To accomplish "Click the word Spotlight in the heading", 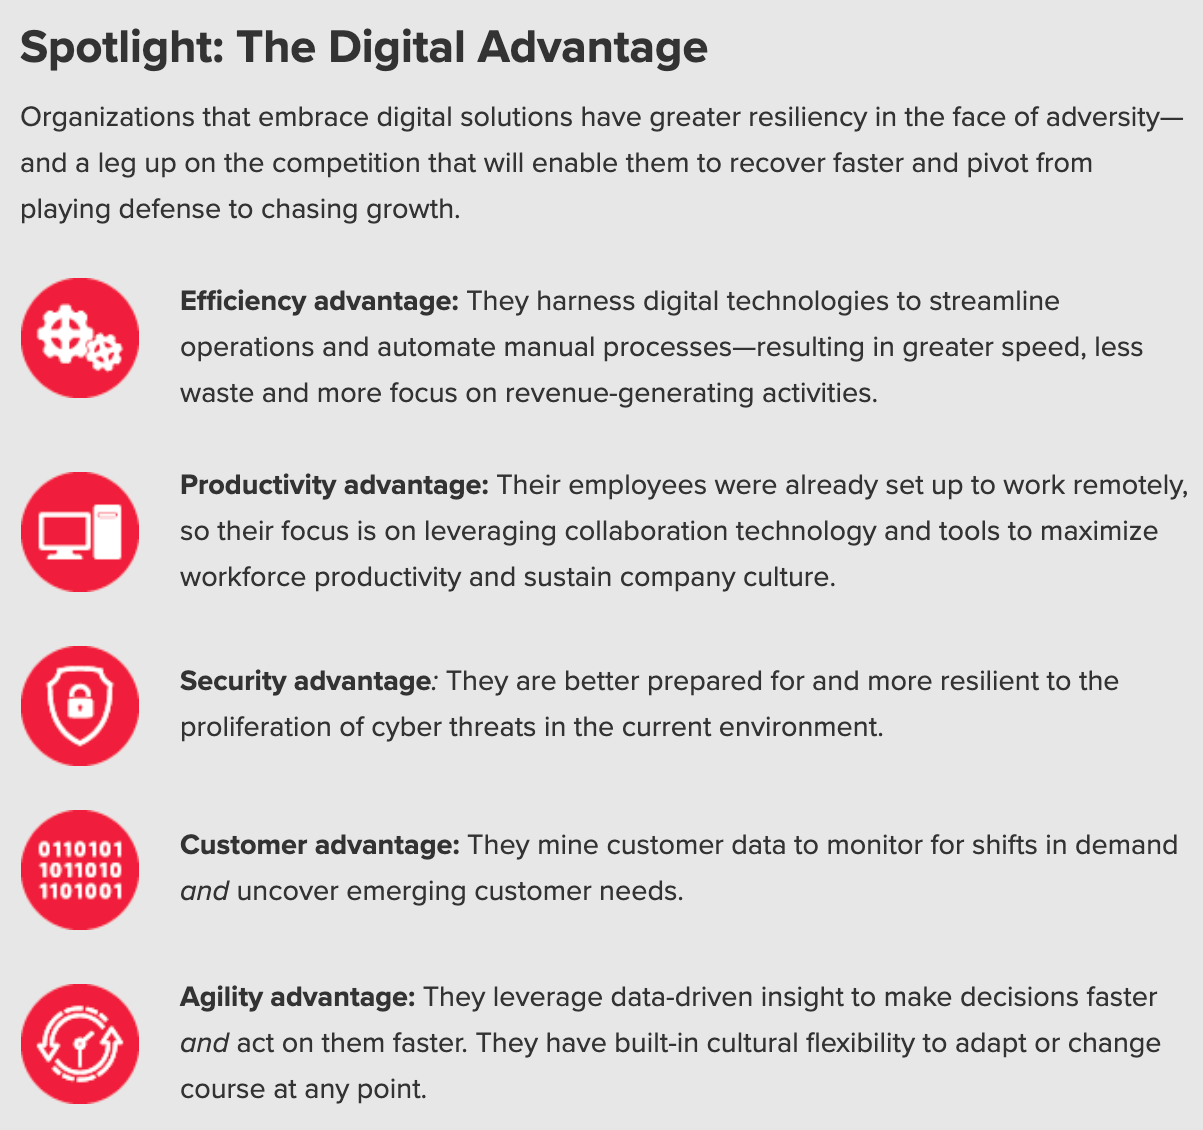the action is (122, 48).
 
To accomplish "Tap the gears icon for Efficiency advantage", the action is (80, 337).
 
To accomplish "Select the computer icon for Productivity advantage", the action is (80, 532).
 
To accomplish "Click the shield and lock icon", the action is (80, 706).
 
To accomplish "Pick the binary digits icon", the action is (80, 870).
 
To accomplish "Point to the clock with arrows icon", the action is (80, 1044).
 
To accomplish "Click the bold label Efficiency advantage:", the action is (319, 302).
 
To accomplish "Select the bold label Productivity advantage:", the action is (334, 485).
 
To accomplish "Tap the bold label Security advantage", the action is (305, 681).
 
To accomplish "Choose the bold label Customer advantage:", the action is (320, 845).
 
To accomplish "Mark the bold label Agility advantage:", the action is (297, 998).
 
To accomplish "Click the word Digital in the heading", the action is (397, 48).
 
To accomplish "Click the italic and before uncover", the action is (204, 891).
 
